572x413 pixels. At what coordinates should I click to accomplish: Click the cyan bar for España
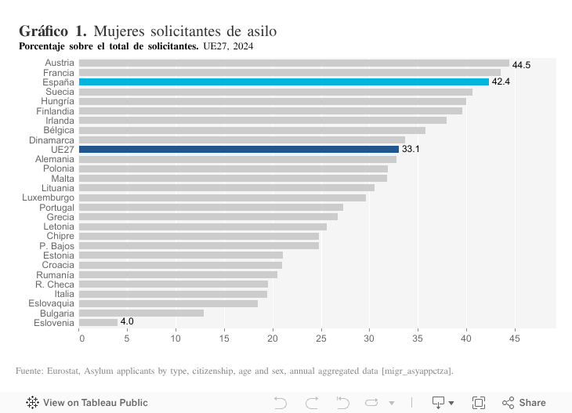284,82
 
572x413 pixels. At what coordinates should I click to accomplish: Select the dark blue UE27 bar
239,149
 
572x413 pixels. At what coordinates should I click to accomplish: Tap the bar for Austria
294,63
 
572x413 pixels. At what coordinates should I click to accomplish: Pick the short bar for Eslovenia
98,322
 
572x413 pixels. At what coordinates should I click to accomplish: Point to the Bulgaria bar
141,313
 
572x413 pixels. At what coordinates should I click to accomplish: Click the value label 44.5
521,65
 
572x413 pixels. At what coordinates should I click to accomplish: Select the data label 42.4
501,82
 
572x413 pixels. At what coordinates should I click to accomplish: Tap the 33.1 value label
411,149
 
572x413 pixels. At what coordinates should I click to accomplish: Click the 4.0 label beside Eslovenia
127,322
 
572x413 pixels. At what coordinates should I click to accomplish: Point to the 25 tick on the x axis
321,339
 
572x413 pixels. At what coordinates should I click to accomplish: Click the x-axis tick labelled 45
514,339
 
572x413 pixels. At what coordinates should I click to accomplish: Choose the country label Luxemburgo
49,197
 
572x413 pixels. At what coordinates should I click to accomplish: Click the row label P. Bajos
56,246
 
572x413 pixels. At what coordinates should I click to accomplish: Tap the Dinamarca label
52,139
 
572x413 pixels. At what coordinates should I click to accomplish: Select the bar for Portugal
211,207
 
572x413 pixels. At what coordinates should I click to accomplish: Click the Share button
523,403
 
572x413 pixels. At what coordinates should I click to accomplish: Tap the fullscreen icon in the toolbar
479,403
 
